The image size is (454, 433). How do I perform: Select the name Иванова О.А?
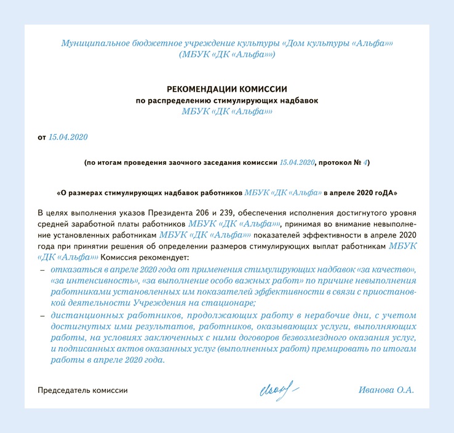click(x=386, y=390)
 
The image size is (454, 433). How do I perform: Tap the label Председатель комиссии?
click(x=83, y=391)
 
